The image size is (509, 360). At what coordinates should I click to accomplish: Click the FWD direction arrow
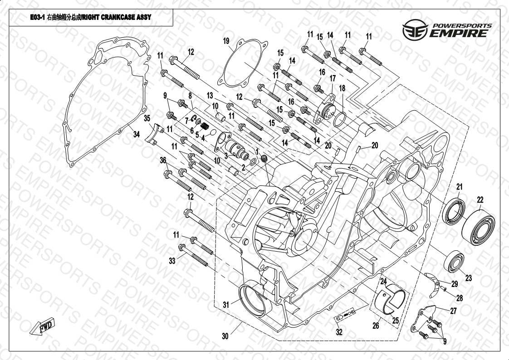coord(42,326)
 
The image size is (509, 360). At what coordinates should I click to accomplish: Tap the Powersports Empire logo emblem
coord(416,29)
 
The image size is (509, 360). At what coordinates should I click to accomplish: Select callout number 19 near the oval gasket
coord(226,41)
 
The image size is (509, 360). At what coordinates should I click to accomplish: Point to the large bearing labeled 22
coord(478,227)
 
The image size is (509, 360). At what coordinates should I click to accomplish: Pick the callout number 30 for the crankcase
coord(225,336)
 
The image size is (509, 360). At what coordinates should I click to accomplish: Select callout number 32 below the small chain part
coord(339,332)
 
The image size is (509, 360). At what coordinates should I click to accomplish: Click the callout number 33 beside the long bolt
coord(172,260)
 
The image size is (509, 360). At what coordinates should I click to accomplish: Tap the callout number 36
coord(163,160)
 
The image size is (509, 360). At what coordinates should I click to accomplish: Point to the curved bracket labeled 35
coord(155,133)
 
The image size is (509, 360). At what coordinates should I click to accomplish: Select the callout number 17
coord(333,78)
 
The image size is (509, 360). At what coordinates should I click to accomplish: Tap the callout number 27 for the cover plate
coord(453,311)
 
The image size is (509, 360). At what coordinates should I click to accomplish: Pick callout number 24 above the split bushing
coord(383,281)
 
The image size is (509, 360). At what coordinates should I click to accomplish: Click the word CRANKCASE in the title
coord(118,17)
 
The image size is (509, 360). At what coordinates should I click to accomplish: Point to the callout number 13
coord(210,95)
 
